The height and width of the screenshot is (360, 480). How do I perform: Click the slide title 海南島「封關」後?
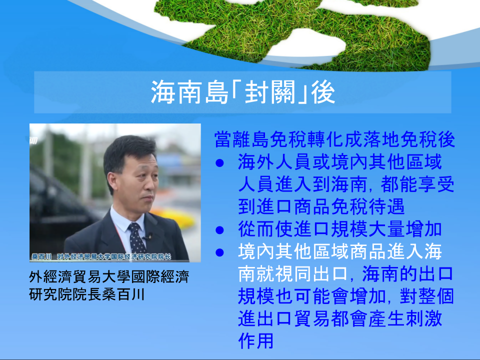[243, 92]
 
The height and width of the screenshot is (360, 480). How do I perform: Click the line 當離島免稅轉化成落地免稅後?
[334, 139]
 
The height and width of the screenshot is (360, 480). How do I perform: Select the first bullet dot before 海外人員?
[219, 163]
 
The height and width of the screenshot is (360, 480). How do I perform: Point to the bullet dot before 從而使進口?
[219, 230]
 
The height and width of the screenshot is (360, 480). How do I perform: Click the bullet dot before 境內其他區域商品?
[219, 252]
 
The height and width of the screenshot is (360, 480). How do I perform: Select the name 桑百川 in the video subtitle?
[42, 256]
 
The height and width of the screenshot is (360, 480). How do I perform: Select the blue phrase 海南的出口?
[407, 274]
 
